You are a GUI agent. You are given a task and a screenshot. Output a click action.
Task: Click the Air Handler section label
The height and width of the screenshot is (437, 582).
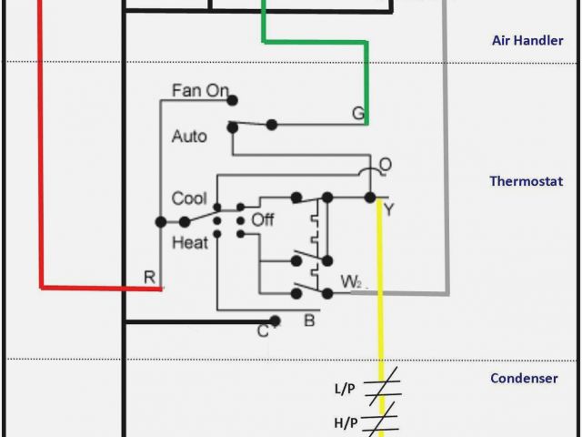pos(521,40)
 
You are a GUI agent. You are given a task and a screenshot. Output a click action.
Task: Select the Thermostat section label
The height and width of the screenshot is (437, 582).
pos(527,180)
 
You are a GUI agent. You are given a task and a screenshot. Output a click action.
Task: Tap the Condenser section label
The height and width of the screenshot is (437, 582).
pos(524,378)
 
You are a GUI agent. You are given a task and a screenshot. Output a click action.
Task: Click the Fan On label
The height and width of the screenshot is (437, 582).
pos(200,91)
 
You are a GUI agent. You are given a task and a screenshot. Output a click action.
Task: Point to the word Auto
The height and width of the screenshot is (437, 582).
pos(189,137)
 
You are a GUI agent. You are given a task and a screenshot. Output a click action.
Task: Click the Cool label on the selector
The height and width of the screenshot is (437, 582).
pos(189,198)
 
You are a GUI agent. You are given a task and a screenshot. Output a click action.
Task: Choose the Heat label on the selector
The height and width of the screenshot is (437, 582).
pos(189,242)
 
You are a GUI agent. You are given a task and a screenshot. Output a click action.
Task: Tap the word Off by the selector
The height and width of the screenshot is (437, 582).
pos(263,219)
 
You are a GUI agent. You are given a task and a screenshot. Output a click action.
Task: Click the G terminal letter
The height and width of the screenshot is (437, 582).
pos(358,113)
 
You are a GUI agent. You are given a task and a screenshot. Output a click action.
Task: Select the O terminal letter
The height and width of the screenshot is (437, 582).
pos(386,165)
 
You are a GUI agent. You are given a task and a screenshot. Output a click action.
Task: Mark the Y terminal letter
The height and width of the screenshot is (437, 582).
pos(388,209)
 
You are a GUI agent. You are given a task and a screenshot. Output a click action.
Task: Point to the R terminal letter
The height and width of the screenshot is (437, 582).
pos(150,277)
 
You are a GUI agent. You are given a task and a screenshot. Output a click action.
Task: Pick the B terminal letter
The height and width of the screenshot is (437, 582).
pos(308,320)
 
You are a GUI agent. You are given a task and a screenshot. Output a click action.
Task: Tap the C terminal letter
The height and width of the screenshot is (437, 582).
pos(263,330)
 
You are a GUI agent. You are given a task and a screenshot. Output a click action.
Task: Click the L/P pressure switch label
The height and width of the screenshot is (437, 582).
pos(345,390)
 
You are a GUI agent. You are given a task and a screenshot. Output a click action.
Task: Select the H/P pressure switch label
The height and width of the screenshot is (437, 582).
pos(345,422)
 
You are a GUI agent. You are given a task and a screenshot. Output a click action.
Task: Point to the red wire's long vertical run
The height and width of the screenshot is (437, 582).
pos(41,146)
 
